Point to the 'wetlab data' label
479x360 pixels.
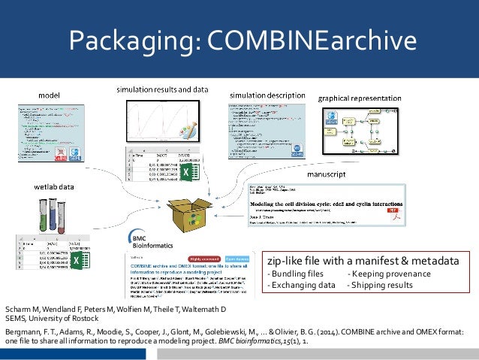(x=59, y=183)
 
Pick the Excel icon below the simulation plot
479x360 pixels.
(x=184, y=174)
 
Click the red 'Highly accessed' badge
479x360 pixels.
(x=200, y=256)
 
